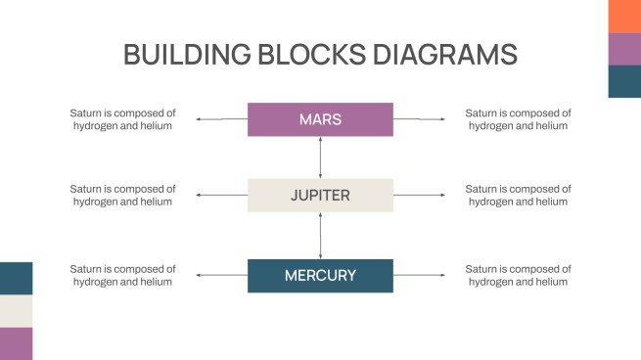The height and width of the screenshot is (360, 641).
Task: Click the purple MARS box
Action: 320,119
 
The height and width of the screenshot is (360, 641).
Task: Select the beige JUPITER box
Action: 320,196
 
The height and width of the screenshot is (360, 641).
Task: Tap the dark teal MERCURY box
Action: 320,276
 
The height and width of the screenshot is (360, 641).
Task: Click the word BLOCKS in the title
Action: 314,54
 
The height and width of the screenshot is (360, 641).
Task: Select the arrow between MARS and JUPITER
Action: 320,157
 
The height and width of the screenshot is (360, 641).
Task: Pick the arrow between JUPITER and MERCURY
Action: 320,236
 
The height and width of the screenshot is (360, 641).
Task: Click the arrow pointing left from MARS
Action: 221,119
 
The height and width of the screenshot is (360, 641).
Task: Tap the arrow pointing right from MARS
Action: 419,119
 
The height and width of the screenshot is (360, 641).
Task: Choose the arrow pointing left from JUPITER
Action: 221,196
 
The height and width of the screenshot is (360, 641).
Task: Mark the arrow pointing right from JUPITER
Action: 419,196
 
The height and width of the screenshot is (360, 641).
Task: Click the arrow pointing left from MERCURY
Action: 221,276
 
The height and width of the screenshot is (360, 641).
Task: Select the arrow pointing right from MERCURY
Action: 419,276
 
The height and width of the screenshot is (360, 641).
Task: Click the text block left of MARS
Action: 122,119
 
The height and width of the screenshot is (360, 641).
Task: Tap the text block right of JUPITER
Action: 518,196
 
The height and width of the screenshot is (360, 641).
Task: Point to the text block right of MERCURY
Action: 518,276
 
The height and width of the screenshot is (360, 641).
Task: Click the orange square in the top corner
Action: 624,16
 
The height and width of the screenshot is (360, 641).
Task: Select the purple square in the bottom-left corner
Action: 16,343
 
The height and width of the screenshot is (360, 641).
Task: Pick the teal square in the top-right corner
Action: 624,81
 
